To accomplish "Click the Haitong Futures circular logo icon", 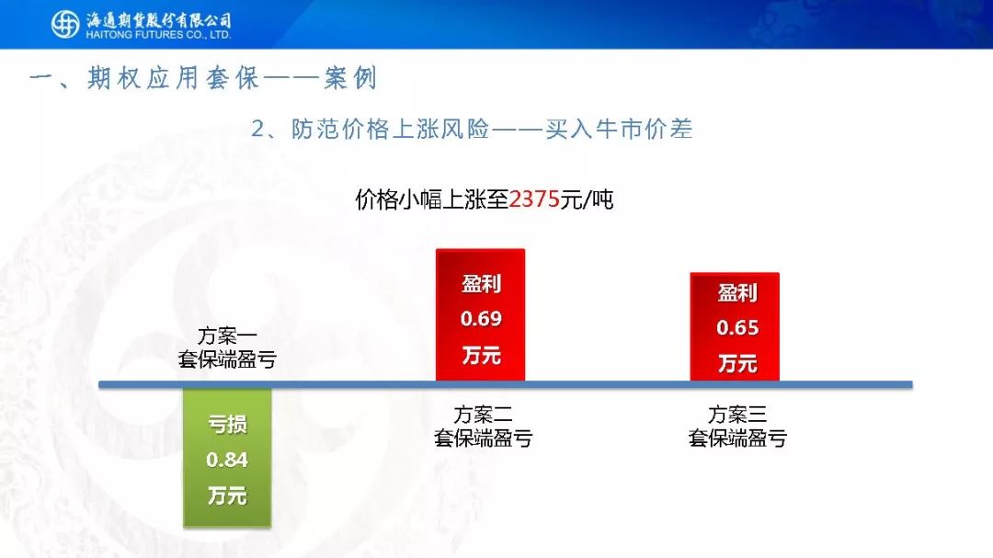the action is point(65,24).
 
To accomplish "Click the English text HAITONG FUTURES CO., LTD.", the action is point(158,35).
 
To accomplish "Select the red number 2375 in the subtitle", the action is point(534,199).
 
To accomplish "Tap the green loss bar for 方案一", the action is point(227,457).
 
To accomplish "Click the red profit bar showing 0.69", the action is point(481,314).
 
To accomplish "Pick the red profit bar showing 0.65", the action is point(735,327).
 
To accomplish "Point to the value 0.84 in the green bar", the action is point(227,460).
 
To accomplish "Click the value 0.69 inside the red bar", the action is point(481,319).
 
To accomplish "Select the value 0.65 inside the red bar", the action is point(737,327).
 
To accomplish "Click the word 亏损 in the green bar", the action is point(227,424).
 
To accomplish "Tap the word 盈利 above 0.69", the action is point(481,283).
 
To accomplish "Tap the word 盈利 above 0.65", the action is point(737,292).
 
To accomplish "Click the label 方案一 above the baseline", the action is point(227,335).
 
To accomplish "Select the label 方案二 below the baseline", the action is point(484,415).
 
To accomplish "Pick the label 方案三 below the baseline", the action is point(737,415).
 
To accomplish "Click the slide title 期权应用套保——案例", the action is point(233,78).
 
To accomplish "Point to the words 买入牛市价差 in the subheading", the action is point(619,130).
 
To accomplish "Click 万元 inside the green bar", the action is point(227,495).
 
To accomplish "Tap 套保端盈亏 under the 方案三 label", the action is point(737,438).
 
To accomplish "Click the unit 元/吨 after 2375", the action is point(587,199).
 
